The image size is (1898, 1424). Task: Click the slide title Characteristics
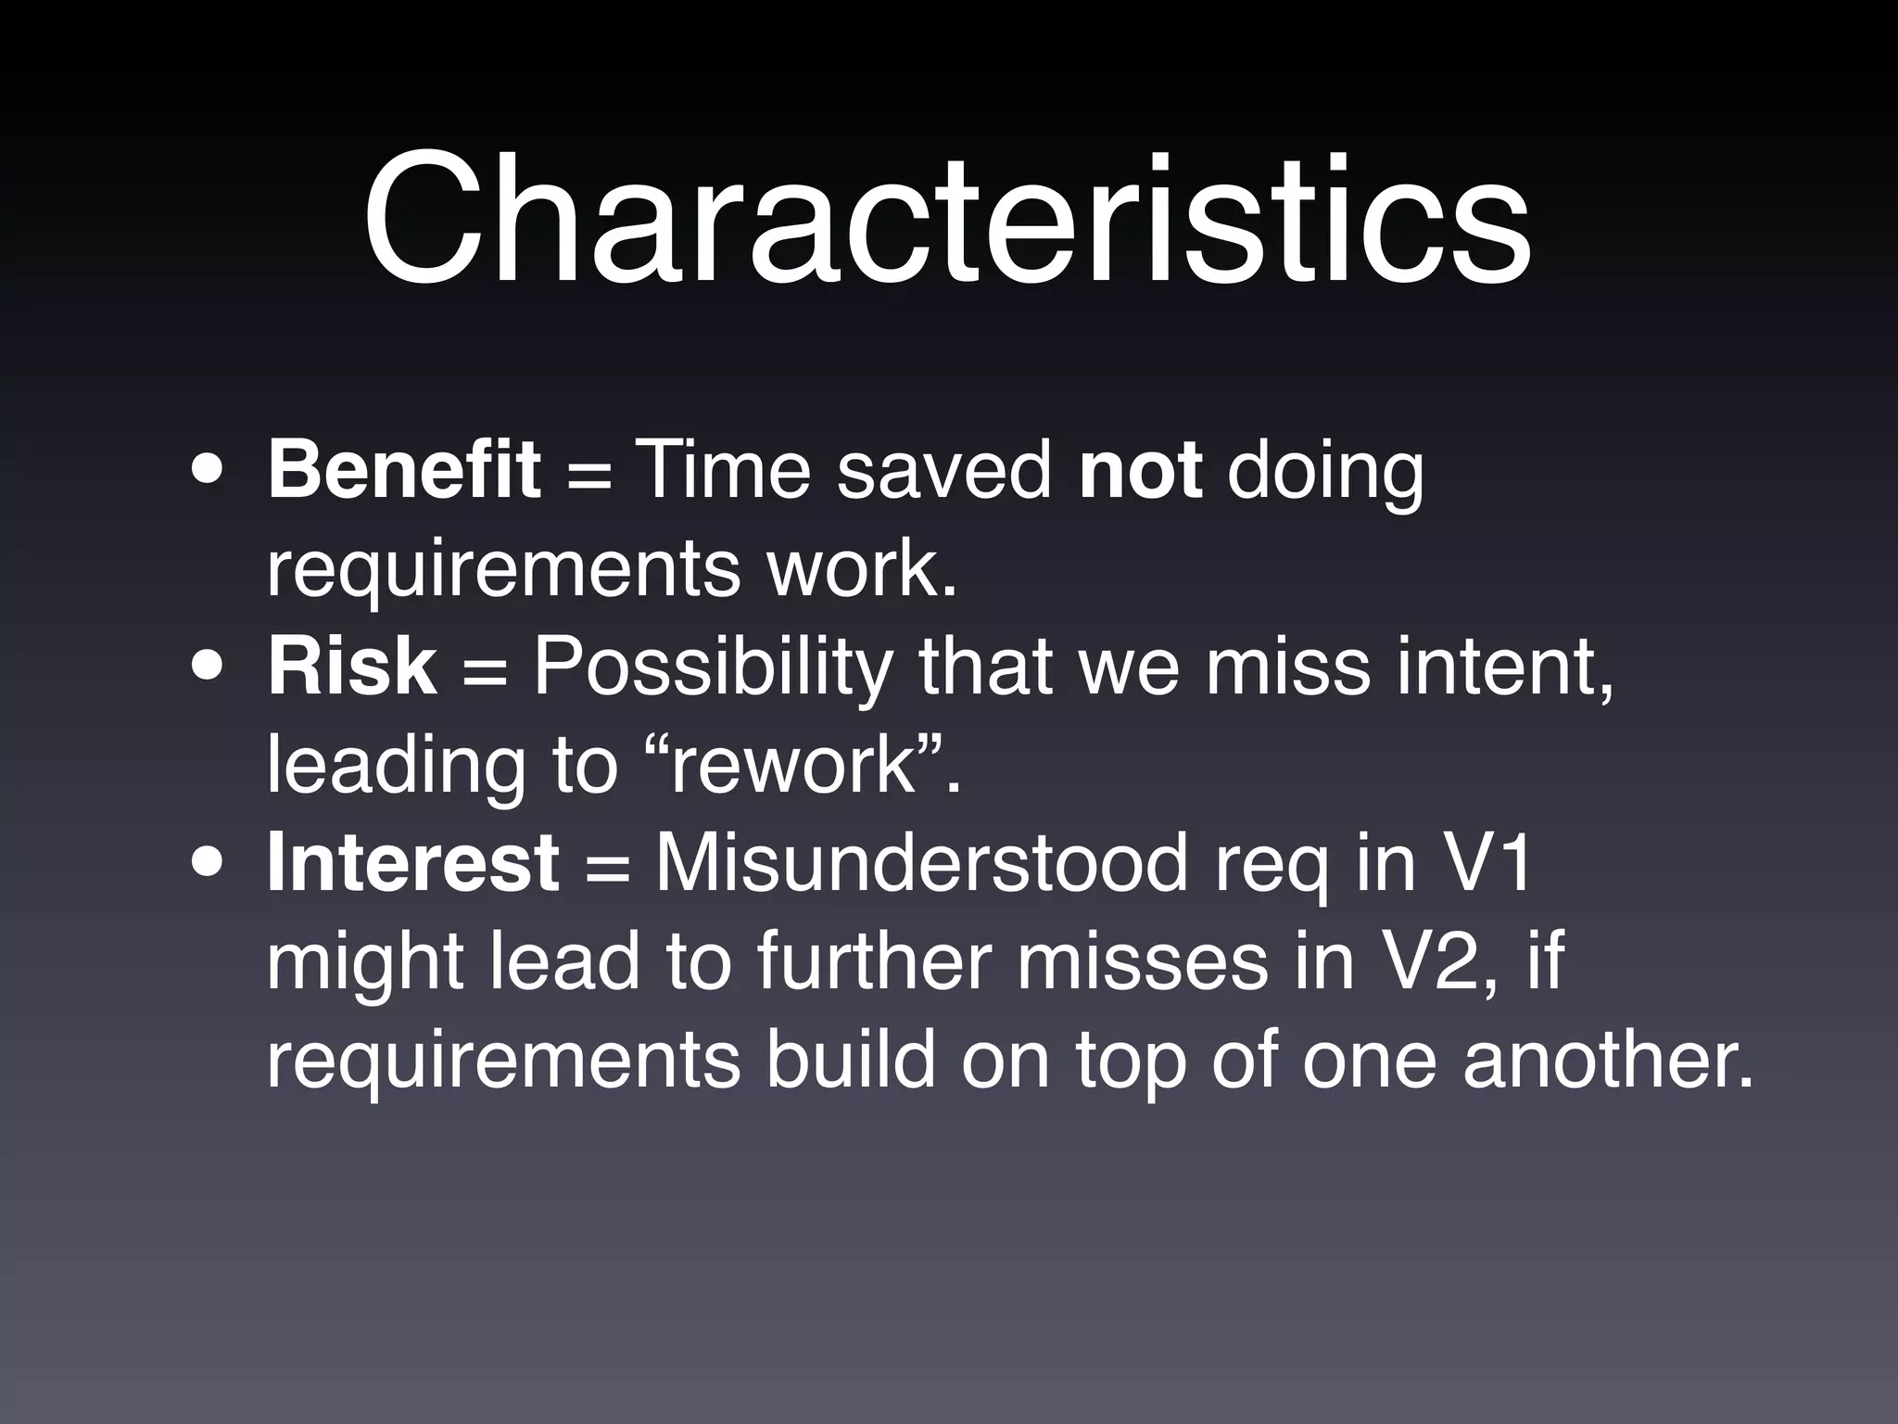[947, 221]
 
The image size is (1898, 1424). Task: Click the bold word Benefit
[404, 470]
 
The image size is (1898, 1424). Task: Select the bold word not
[1141, 470]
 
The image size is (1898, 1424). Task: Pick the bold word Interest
[413, 863]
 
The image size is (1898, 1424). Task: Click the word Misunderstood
[922, 863]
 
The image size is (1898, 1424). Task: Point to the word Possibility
[714, 667]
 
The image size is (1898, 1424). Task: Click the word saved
[944, 470]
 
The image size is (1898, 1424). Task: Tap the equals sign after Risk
[485, 670]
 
